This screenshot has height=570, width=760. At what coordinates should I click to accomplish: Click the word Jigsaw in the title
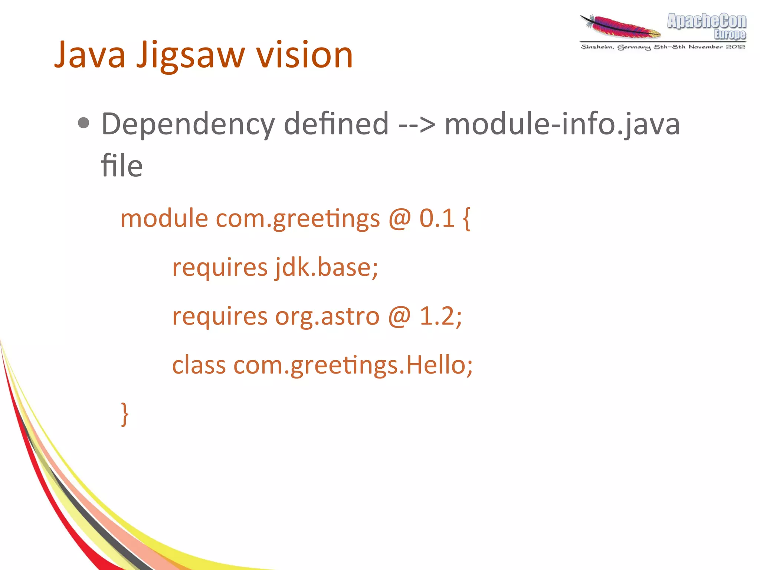tap(190, 56)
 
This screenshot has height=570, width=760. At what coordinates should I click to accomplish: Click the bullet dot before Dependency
tap(84, 123)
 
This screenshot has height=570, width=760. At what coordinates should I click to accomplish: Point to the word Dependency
tap(188, 124)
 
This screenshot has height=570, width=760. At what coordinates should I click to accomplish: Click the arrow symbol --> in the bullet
tap(416, 124)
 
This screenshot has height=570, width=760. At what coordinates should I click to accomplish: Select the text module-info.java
tap(562, 124)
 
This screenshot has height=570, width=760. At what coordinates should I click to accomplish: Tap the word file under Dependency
tap(122, 166)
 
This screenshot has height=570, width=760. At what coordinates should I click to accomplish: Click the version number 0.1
tap(437, 218)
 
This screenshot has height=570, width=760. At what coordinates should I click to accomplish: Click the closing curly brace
tap(125, 414)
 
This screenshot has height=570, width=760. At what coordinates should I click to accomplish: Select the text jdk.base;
tap(327, 267)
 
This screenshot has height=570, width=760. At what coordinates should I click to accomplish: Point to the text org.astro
tap(327, 316)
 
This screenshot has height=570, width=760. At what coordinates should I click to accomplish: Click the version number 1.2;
tap(440, 316)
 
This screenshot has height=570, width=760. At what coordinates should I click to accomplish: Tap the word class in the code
tap(199, 365)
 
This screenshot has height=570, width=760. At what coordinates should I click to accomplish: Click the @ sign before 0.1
tap(400, 218)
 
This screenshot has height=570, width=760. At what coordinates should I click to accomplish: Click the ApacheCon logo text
tap(707, 21)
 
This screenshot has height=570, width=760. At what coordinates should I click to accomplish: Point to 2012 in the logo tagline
tap(736, 47)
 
